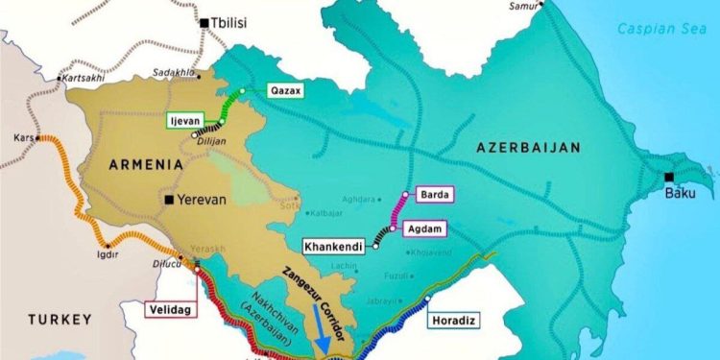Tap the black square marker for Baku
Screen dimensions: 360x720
click(668, 177)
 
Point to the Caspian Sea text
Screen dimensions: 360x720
click(660, 29)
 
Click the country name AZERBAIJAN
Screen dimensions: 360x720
click(528, 147)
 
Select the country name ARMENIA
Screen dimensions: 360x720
click(140, 165)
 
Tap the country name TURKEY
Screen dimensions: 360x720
click(58, 319)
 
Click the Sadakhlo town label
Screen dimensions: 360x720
click(174, 73)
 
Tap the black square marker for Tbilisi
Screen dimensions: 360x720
click(204, 21)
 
